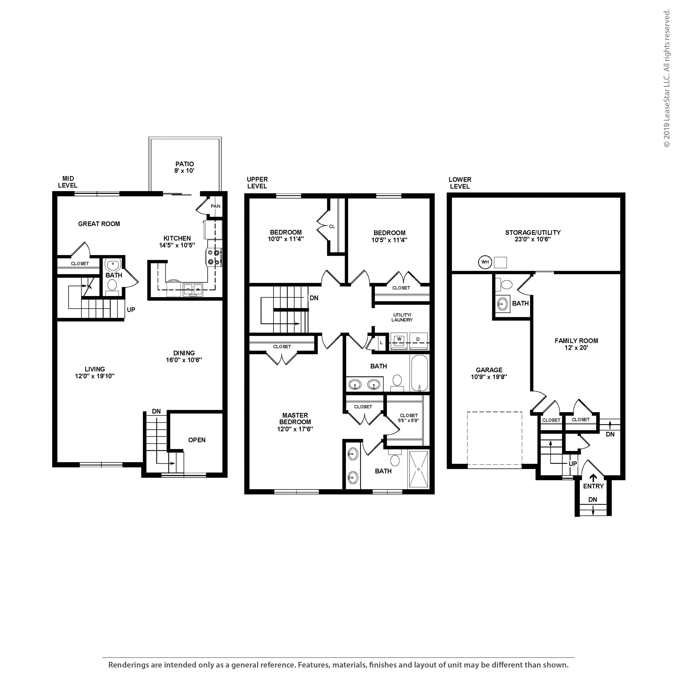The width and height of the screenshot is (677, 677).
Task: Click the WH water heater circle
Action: tap(485, 262)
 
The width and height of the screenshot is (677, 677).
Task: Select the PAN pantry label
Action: tap(216, 206)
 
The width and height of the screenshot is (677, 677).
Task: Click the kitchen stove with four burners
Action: tap(214, 257)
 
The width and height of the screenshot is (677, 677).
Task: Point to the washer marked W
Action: tap(399, 341)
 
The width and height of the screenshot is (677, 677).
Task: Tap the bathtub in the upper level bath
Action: tap(419, 373)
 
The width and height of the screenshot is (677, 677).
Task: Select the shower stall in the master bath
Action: tap(418, 469)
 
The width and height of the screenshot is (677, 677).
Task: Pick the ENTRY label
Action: tap(593, 486)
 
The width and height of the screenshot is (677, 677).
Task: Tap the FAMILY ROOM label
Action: tap(576, 341)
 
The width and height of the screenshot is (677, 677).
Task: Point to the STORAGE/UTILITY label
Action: tap(533, 232)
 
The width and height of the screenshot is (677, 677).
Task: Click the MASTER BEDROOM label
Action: tap(295, 418)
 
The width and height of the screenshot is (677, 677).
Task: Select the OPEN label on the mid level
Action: tap(197, 440)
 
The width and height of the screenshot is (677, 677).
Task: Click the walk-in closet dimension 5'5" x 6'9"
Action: tap(409, 420)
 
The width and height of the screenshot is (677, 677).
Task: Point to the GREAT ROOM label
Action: tap(99, 224)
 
